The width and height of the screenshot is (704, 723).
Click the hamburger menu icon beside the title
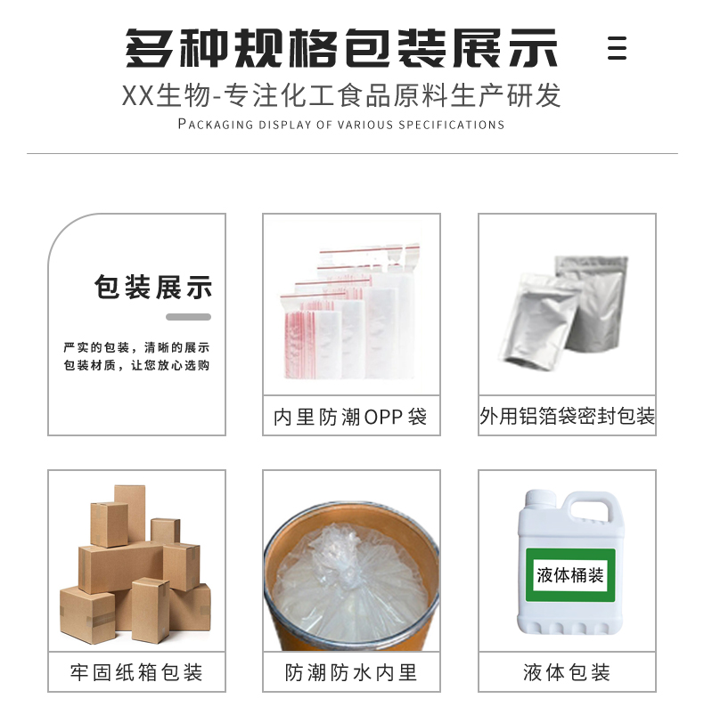click(617, 48)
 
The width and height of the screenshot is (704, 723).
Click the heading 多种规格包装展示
click(341, 48)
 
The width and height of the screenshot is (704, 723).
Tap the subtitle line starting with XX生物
click(341, 95)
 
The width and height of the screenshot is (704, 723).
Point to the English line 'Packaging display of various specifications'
click(341, 124)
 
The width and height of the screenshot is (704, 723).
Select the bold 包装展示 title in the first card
click(153, 287)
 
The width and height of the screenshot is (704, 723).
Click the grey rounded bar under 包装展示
click(188, 317)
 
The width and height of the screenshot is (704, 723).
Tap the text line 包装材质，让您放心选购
click(136, 365)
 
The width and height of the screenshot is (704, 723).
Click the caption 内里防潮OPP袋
click(350, 417)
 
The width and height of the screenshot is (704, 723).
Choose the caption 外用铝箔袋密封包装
click(567, 416)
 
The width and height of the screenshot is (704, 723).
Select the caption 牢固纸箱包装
click(136, 673)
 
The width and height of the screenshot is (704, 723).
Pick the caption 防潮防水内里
click(351, 673)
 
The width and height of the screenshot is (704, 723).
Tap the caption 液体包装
click(567, 673)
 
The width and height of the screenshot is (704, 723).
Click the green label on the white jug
click(570, 575)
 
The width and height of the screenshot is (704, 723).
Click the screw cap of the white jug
click(540, 498)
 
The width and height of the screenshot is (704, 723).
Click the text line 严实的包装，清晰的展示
click(136, 347)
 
